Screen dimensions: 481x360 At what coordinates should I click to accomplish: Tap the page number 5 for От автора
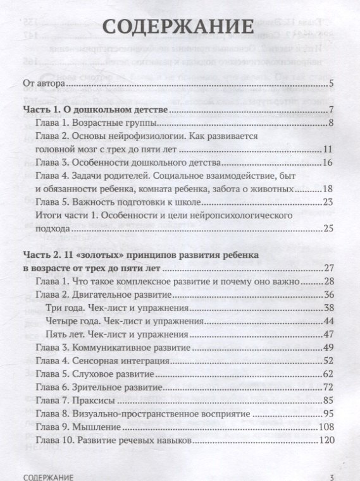point(331,83)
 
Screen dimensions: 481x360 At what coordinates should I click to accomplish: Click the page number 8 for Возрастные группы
point(330,122)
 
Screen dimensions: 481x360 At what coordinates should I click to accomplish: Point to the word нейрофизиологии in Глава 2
point(149,137)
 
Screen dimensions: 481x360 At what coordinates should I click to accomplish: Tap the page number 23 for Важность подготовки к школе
point(327,202)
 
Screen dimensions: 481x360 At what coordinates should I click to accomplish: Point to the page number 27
point(327,268)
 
